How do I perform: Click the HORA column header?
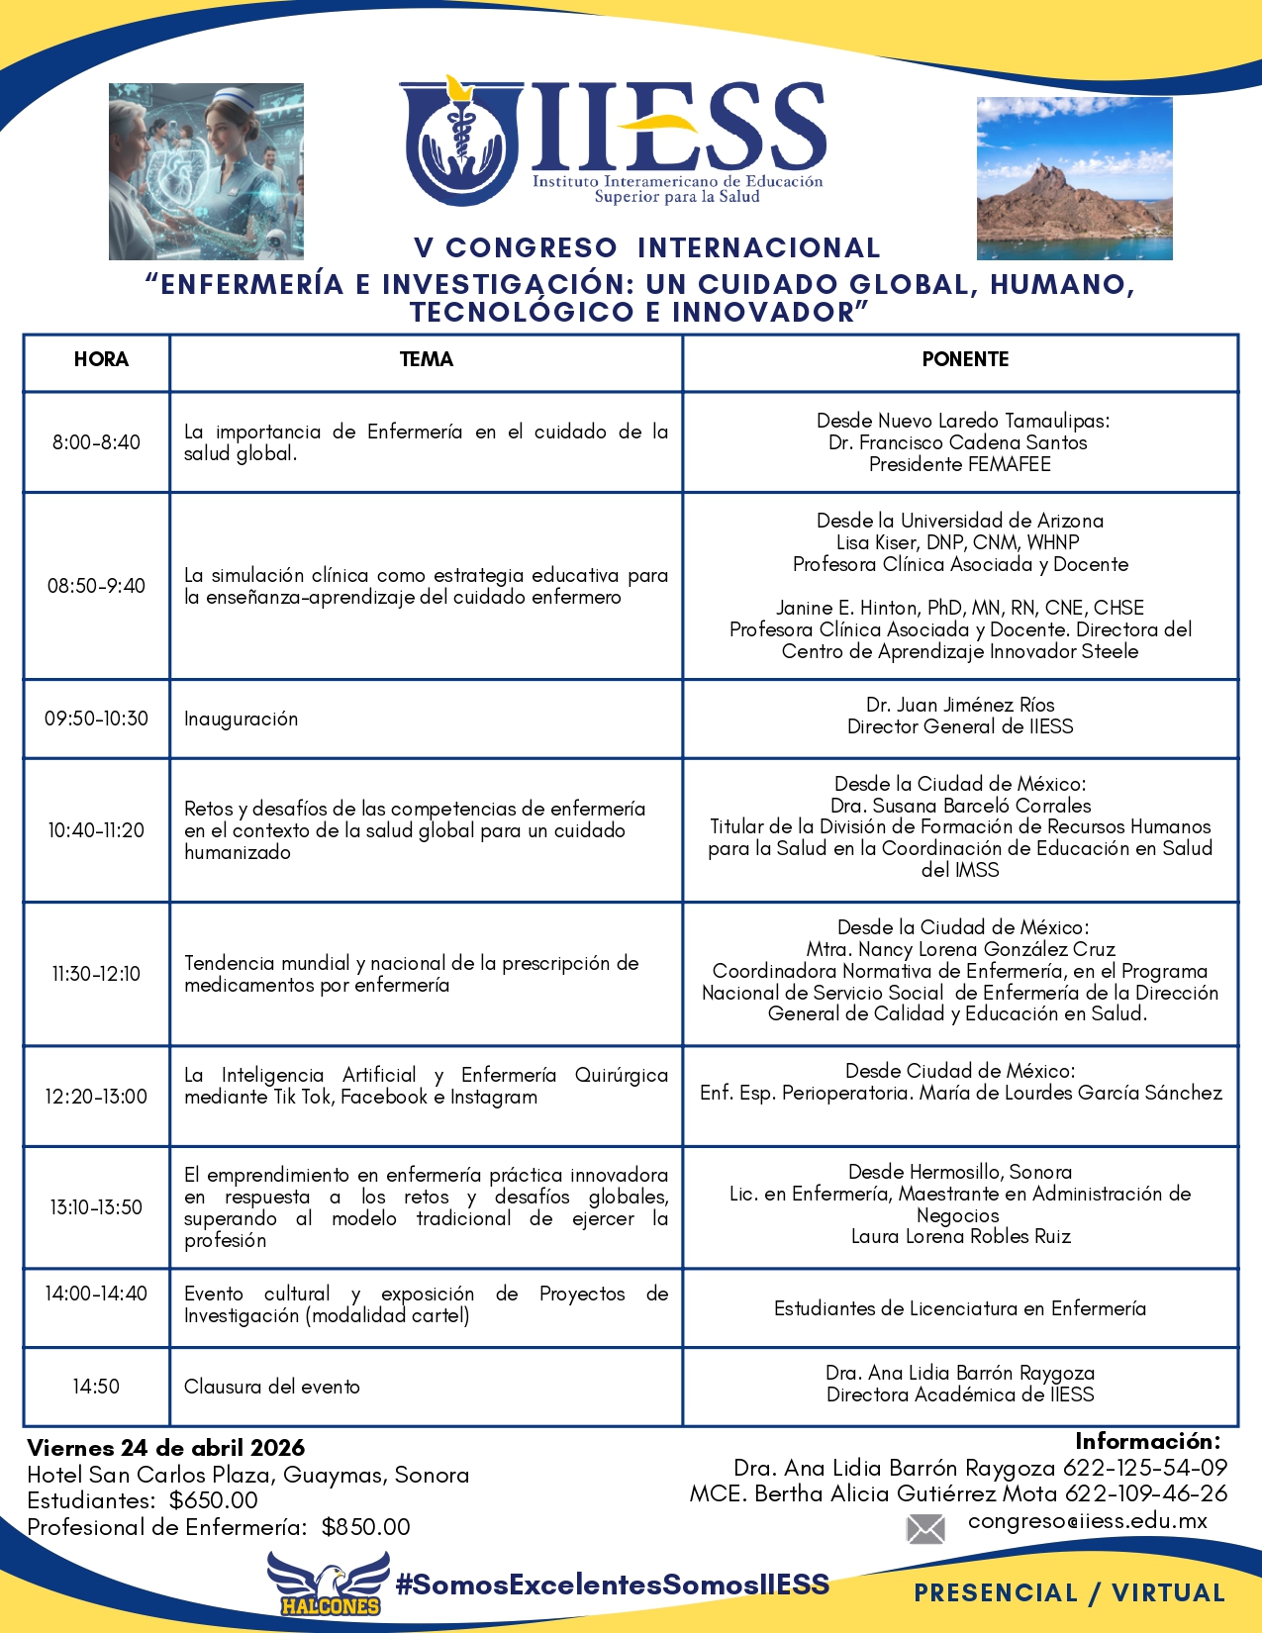(101, 359)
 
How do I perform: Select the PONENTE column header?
(964, 359)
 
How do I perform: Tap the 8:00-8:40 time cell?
(96, 442)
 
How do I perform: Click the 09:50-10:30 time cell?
(96, 719)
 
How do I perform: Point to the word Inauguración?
(241, 720)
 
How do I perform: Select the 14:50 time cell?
(96, 1387)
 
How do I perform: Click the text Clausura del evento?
(272, 1387)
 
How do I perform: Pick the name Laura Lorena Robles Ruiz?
(960, 1236)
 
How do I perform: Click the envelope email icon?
(925, 1529)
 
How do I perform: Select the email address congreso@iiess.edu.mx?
(1087, 1521)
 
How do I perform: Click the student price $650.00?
(214, 1500)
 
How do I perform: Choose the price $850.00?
(365, 1527)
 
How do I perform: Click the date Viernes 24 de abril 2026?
(166, 1448)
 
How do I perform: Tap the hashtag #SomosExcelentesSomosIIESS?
(612, 1585)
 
